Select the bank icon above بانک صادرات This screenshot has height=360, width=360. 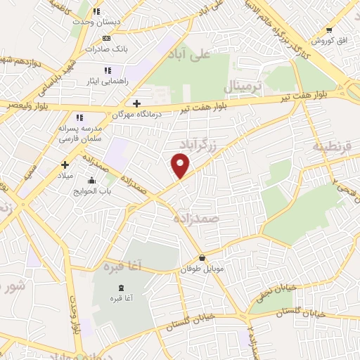(x=106, y=38)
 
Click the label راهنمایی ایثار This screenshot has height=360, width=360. (x=107, y=82)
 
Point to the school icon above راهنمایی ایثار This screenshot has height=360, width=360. (x=108, y=70)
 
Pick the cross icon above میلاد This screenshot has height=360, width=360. (x=65, y=165)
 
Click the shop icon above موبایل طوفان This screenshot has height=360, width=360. (x=202, y=258)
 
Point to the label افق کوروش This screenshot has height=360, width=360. (x=333, y=40)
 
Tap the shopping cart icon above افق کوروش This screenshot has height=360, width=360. (x=329, y=30)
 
